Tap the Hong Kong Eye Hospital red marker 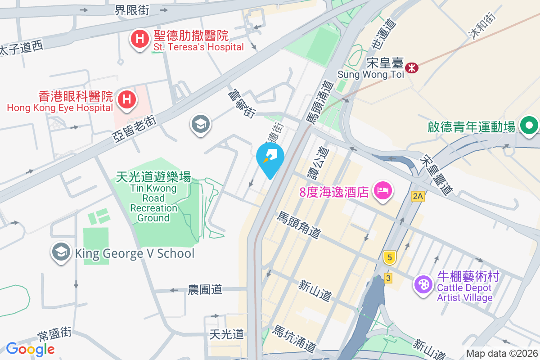pyautogui.click(x=127, y=99)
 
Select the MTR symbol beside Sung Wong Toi pyautogui.click(x=411, y=68)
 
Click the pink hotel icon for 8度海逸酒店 pyautogui.click(x=383, y=190)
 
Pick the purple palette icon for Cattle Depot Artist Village pyautogui.click(x=423, y=284)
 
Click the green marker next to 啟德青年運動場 pyautogui.click(x=529, y=125)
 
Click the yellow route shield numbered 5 pyautogui.click(x=390, y=257)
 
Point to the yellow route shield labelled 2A pyautogui.click(x=418, y=196)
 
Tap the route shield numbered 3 pyautogui.click(x=388, y=278)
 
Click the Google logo pyautogui.click(x=30, y=349)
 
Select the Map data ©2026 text pyautogui.click(x=501, y=353)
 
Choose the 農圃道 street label pyautogui.click(x=205, y=289)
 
